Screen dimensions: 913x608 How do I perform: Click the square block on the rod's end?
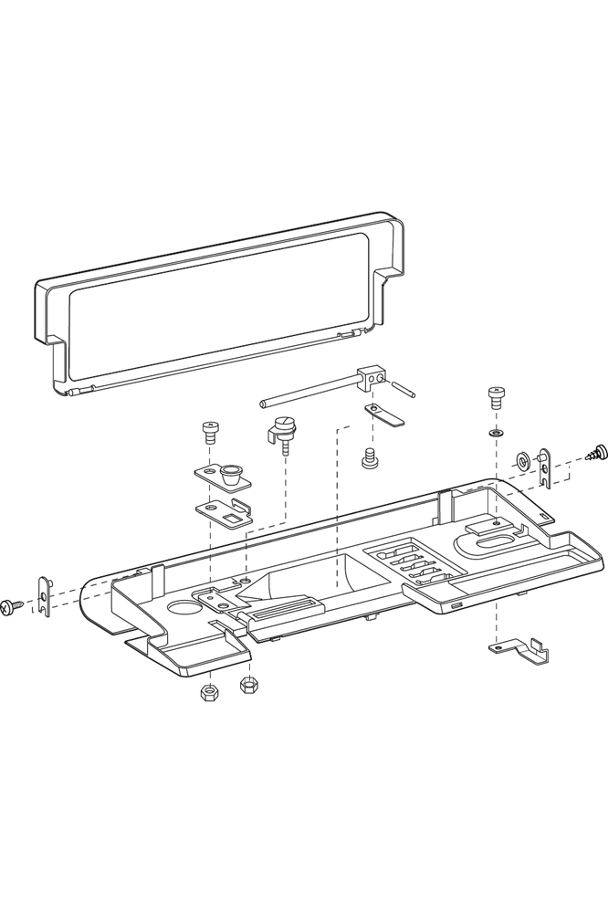[371, 374]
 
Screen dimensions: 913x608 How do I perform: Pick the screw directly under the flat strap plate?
[371, 457]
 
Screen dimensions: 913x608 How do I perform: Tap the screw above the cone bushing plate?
[211, 430]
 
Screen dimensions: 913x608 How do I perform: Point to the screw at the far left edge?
[14, 604]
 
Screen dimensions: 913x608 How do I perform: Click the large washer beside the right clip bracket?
[522, 458]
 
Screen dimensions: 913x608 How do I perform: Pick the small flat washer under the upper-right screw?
[496, 429]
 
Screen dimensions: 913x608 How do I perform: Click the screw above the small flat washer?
[497, 396]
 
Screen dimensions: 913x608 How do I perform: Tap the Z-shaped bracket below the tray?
[519, 651]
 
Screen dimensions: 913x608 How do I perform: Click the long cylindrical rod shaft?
[306, 391]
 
